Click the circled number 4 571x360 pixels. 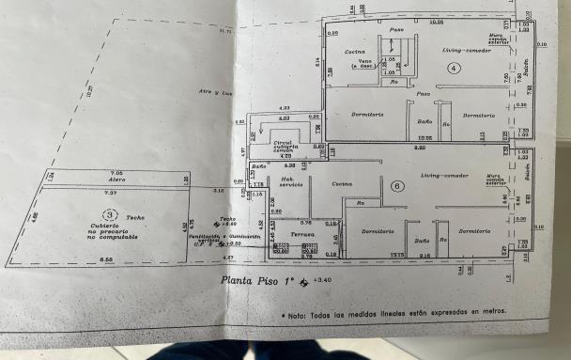[x=454, y=68]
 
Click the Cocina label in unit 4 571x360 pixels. [x=354, y=52]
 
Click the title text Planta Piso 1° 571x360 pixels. [x=257, y=279]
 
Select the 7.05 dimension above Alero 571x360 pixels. [x=117, y=173]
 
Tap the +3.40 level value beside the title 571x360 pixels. [x=323, y=279]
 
